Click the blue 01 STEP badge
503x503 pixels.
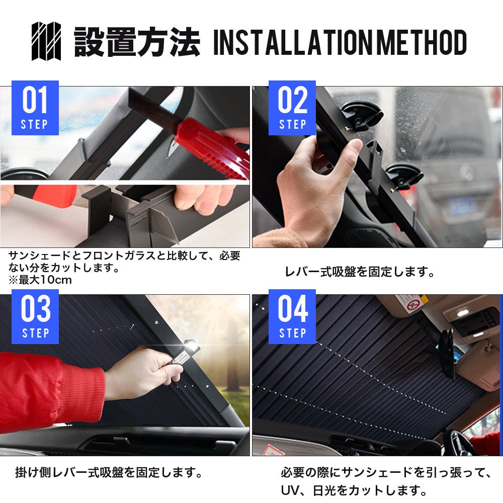(35, 108)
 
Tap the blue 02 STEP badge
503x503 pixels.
(292, 108)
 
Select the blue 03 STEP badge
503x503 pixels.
(35, 316)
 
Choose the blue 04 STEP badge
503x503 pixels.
(292, 316)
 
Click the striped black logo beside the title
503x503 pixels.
(46, 41)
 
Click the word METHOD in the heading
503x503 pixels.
(421, 42)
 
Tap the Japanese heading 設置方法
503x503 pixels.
(137, 42)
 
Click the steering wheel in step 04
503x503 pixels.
(462, 442)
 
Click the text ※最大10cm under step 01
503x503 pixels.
(40, 280)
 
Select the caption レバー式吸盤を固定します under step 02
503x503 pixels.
(359, 272)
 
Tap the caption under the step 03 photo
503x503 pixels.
(109, 472)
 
